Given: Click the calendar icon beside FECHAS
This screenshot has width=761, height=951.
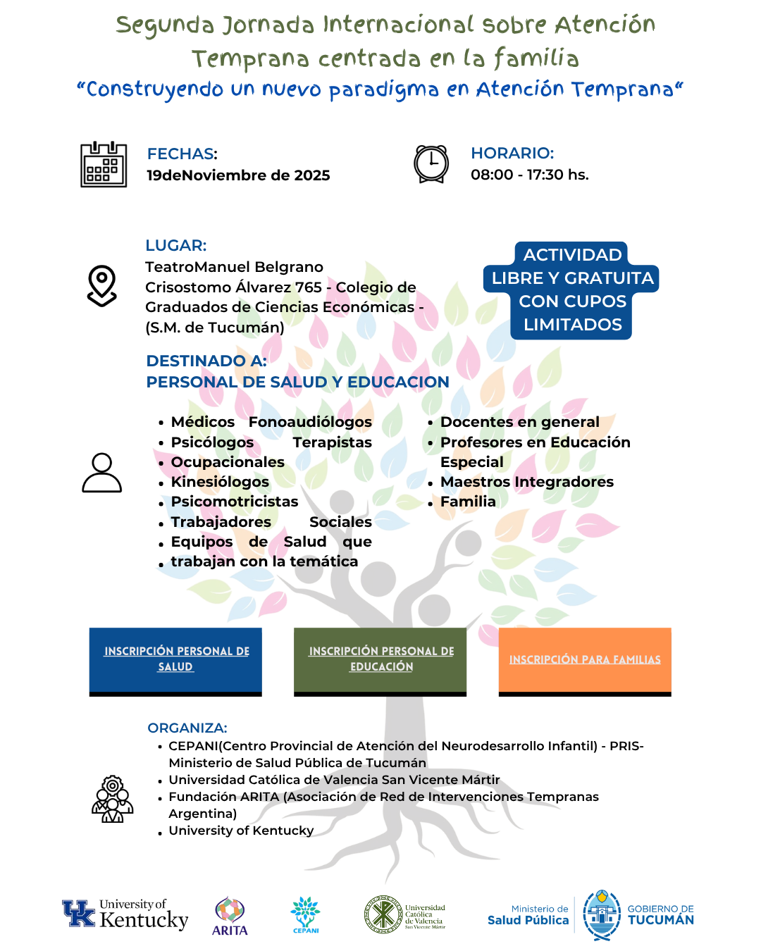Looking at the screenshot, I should [104, 165].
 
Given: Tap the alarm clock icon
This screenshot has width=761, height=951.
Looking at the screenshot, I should [431, 164].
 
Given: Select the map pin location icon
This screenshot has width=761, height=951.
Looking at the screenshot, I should [102, 285].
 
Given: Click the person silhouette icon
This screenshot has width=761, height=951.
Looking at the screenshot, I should [102, 473].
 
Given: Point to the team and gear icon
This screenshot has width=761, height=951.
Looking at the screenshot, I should [113, 800].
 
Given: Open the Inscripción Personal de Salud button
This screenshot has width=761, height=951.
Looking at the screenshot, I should [175, 660].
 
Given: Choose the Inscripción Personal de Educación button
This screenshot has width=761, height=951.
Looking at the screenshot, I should [380, 660].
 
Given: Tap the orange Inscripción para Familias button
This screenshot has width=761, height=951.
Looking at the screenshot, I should [585, 660].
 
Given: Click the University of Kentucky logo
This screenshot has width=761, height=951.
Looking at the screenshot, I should [125, 914].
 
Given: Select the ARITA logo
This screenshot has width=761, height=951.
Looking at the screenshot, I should [230, 916].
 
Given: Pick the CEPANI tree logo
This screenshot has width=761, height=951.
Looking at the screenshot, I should [306, 914].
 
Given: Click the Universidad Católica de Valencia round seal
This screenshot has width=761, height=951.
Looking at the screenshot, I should [383, 915].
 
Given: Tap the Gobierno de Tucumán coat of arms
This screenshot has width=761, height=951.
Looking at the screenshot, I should [602, 915].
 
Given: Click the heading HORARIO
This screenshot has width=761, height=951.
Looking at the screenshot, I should [512, 154].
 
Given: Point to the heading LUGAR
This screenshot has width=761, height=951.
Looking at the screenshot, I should [175, 246].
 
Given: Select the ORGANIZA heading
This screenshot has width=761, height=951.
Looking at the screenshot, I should [187, 728].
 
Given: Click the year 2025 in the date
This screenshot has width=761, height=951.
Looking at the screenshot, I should [312, 175].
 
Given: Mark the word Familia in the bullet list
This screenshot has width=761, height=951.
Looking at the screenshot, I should [468, 502].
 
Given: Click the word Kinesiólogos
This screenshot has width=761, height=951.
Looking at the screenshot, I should [220, 482].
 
